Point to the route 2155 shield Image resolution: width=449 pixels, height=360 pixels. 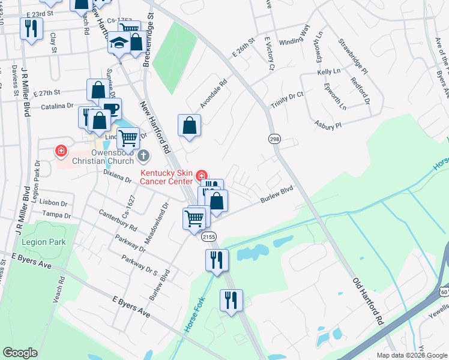[x=209, y=237]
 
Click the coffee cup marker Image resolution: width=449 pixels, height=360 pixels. [x=110, y=109]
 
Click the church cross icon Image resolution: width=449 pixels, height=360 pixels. [x=143, y=156]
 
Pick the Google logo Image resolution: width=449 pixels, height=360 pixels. [x=20, y=353]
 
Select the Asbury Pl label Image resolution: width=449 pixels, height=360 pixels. [x=328, y=125]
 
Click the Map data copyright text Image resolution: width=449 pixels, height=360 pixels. [x=408, y=355]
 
